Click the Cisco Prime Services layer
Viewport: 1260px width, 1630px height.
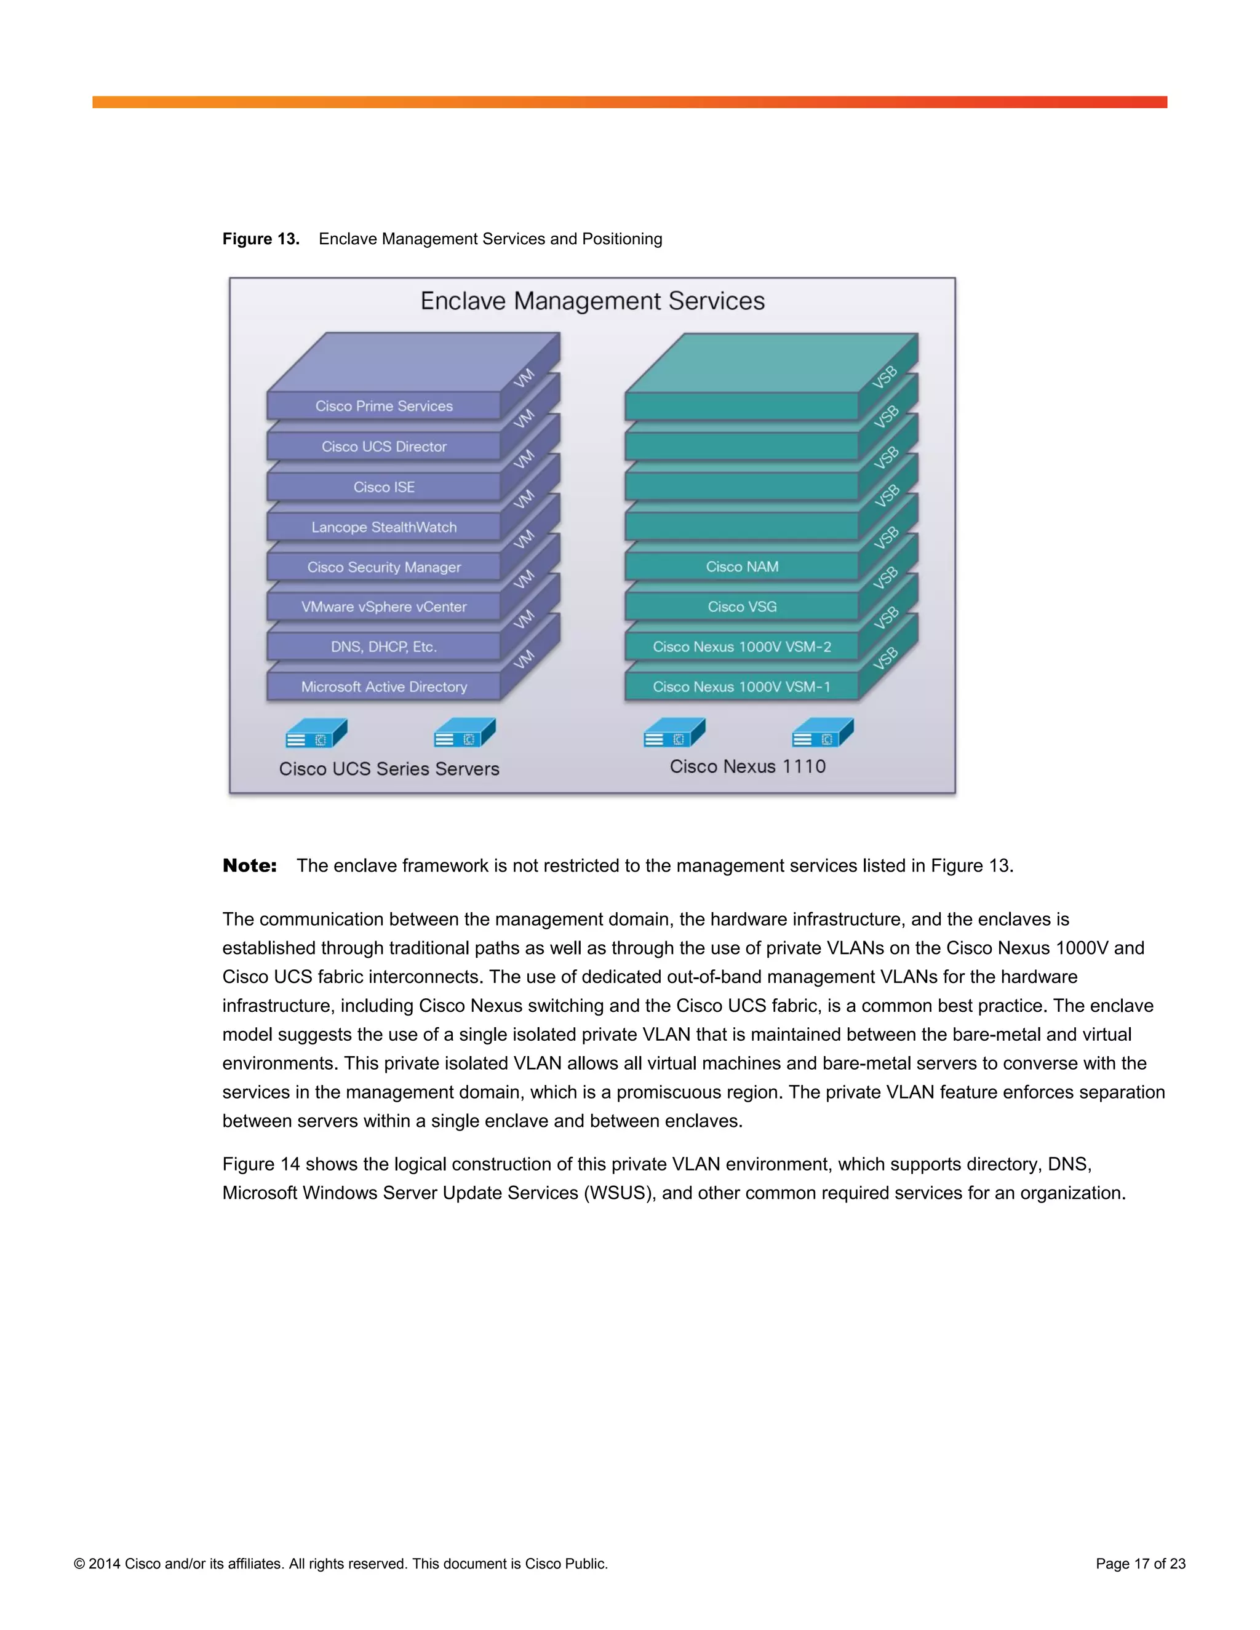(384, 406)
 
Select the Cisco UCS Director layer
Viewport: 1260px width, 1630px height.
(384, 447)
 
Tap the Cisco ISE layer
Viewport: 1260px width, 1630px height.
(384, 487)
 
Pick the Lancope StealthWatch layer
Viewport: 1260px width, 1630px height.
(384, 527)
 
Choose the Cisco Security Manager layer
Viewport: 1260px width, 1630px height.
(384, 567)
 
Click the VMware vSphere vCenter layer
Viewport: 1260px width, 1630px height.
(384, 606)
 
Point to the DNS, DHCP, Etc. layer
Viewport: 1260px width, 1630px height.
(384, 647)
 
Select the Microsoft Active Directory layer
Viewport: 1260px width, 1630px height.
(384, 686)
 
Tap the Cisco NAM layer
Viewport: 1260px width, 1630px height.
(742, 567)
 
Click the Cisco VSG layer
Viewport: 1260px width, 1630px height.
(742, 606)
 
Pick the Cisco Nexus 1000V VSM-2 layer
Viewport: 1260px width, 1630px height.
(742, 647)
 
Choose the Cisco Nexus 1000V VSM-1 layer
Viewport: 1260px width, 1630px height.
(742, 686)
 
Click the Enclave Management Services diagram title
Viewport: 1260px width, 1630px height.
(592, 301)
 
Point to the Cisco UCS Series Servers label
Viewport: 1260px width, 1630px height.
(389, 769)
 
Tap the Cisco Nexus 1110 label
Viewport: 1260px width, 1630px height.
(747, 766)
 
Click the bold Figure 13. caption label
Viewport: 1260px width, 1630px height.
(260, 239)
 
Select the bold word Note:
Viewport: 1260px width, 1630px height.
(249, 866)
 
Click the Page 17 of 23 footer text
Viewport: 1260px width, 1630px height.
(1140, 1564)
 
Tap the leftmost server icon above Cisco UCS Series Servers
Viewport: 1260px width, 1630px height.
(316, 734)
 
